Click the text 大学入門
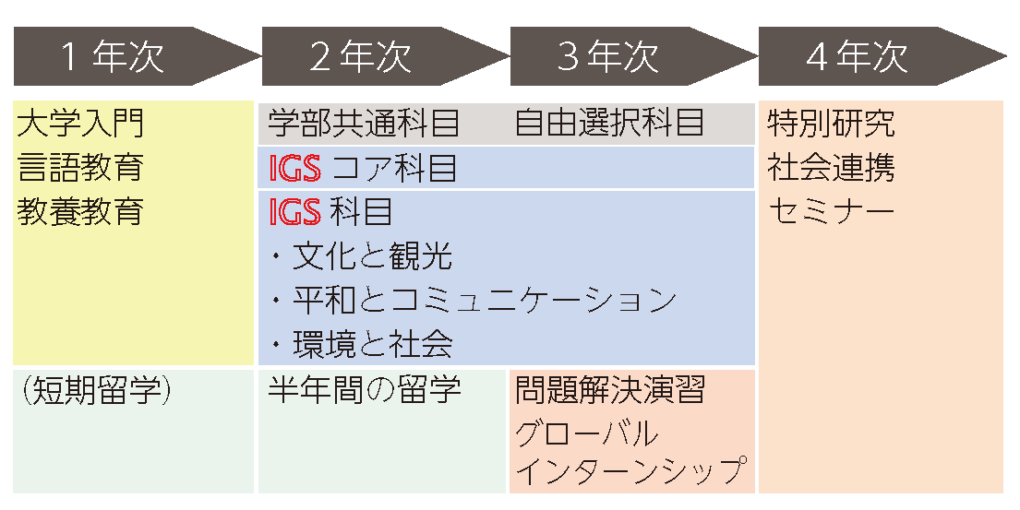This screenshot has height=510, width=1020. pos(80,123)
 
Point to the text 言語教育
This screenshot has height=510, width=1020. pos(80,167)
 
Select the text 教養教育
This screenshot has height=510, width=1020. pos(80,211)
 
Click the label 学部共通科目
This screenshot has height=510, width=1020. pos(364,123)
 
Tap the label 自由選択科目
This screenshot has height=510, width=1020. pos(609,123)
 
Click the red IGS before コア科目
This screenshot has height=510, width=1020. pos(294,169)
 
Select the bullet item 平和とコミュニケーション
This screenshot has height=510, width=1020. pos(484,301)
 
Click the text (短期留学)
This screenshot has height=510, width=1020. pos(95,390)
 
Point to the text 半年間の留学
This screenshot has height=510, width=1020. pos(365,390)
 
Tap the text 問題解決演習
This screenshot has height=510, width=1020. pos(610,390)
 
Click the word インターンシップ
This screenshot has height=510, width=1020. pos(630,471)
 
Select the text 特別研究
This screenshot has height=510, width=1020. pos(831,123)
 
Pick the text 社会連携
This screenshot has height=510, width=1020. pos(831,168)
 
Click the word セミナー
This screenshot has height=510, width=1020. pos(831,212)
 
